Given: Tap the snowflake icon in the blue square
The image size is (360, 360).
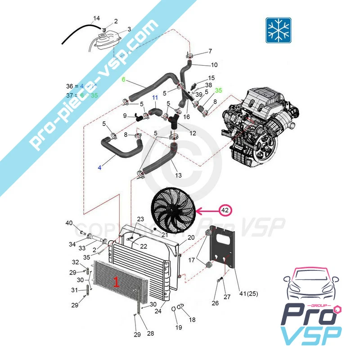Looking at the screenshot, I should (x=278, y=30).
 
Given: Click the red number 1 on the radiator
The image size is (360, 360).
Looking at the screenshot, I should (x=116, y=282).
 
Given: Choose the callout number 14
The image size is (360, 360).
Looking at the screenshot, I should (x=96, y=18).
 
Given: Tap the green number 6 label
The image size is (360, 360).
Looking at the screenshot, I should (x=124, y=79).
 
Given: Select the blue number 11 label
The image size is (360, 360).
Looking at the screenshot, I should (x=155, y=98).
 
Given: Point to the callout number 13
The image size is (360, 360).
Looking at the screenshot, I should (x=178, y=175).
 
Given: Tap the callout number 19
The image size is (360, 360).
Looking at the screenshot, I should (x=179, y=328).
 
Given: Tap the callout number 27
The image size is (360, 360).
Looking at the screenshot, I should (x=227, y=297).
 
